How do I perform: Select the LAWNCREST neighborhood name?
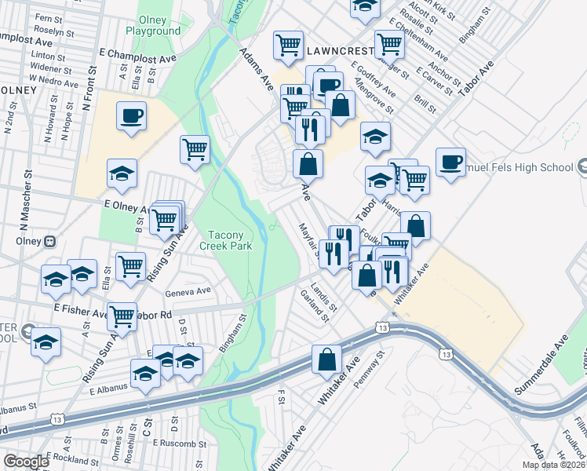[x=337, y=49]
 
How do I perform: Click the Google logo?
[x=26, y=462]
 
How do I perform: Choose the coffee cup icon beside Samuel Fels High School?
[x=450, y=162]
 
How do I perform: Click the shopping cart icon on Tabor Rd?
[x=122, y=316]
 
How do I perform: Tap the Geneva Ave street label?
[x=188, y=290]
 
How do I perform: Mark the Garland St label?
[x=313, y=306]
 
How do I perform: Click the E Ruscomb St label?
[x=180, y=444]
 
